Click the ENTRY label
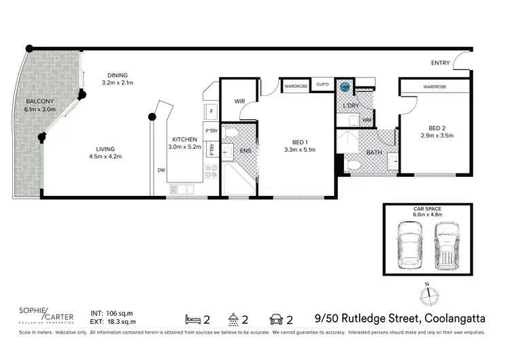tap(441, 63)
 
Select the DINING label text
tap(116, 75)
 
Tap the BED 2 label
tap(437, 127)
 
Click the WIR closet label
tap(239, 101)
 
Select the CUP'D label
tap(323, 86)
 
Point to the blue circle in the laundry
tap(345, 88)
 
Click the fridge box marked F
tap(211, 111)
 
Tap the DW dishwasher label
tap(160, 170)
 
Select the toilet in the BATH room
tap(352, 165)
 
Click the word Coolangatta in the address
tap(454, 318)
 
